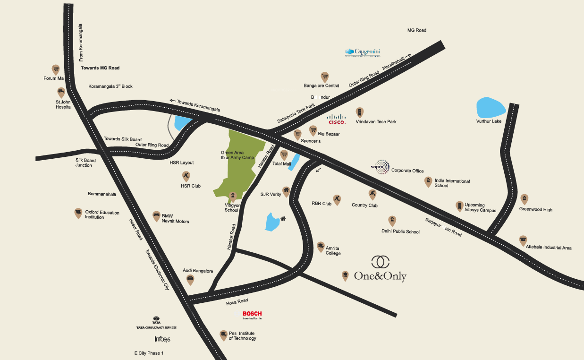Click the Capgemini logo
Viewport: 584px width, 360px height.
[x=363, y=52]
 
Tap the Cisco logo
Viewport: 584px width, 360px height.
[x=337, y=119]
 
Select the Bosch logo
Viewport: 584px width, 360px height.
[x=252, y=315]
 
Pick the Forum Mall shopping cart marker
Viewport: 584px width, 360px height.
[x=56, y=70]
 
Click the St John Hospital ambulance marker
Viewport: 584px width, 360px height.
[x=61, y=92]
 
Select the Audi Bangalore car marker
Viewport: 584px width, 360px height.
[x=190, y=279]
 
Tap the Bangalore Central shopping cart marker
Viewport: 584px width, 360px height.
[x=324, y=77]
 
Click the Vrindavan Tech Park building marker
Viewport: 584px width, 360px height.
[x=360, y=112]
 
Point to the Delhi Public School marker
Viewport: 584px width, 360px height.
[x=391, y=220]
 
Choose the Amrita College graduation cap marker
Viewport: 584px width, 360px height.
[x=321, y=246]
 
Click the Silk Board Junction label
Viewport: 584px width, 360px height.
[x=85, y=163]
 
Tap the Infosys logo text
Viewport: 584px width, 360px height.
[x=162, y=339]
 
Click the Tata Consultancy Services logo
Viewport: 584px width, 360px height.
[x=156, y=323]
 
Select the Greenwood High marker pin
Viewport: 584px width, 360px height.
[x=524, y=199]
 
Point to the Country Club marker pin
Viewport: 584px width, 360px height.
[x=372, y=194]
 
